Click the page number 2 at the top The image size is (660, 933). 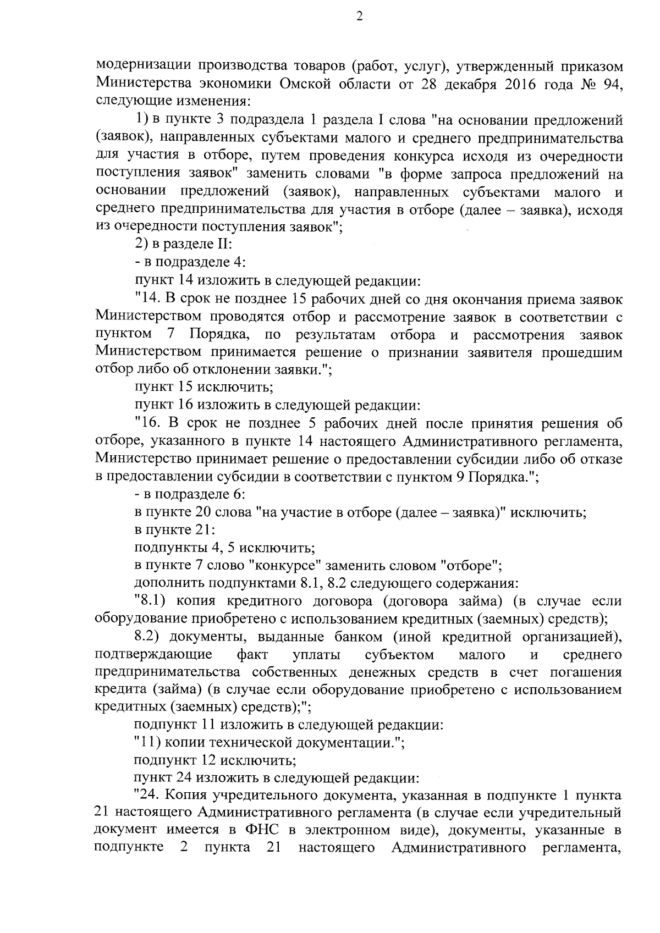click(359, 17)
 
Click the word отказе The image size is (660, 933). click(603, 459)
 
